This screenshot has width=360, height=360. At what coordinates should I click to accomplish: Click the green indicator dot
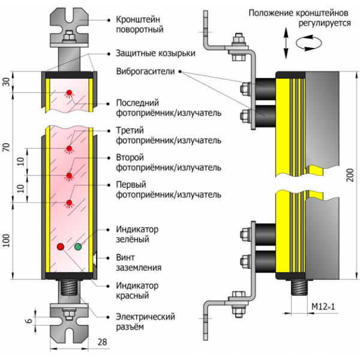[x=78, y=247]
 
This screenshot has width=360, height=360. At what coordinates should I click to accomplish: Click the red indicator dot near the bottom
[x=60, y=247]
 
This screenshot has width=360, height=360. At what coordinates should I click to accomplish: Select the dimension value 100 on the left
[x=7, y=241]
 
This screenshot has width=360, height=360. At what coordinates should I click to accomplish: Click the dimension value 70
[x=7, y=147]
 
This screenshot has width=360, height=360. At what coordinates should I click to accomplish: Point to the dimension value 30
[x=7, y=83]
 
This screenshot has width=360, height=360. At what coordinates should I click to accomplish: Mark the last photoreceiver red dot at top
[x=69, y=92]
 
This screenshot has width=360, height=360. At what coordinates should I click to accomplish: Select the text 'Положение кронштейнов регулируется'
[x=299, y=17]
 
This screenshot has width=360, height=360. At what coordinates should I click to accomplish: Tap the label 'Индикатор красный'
[x=136, y=290]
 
